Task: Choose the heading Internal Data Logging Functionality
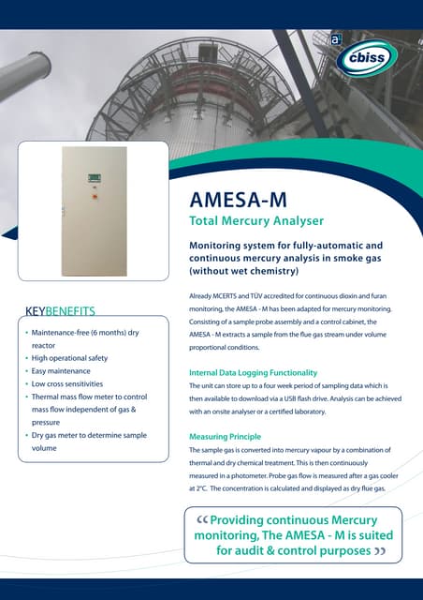259,373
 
